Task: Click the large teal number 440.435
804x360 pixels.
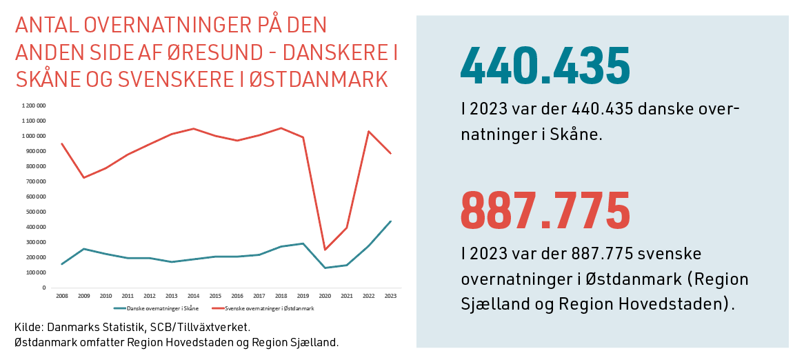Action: click(545, 66)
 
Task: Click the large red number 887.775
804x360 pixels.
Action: click(545, 210)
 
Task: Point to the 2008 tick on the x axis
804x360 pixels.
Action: click(61, 294)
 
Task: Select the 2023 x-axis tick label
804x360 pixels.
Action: click(390, 294)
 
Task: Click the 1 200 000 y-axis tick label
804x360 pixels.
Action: click(34, 106)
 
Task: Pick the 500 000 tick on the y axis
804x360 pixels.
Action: click(37, 212)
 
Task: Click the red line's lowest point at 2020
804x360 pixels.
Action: click(324, 250)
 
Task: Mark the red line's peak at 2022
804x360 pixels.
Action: click(368, 131)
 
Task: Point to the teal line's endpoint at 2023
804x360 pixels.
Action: click(390, 221)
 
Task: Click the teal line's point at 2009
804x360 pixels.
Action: click(83, 249)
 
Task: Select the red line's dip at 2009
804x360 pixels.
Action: click(83, 178)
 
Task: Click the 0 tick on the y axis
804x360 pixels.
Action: click(44, 288)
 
